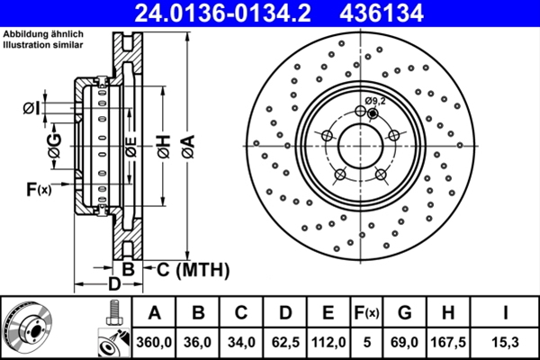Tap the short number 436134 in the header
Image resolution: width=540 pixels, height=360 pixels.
(x=399, y=13)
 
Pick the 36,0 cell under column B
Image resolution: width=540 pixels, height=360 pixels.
(x=199, y=342)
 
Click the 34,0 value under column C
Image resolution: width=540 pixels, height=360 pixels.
(x=242, y=342)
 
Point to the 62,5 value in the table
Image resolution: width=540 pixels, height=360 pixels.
(x=285, y=342)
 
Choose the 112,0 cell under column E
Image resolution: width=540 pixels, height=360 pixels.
(x=328, y=342)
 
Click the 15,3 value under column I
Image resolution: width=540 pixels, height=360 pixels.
(x=507, y=342)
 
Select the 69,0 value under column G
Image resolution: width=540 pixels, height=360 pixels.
(x=404, y=342)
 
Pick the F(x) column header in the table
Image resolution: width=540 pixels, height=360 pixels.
(x=366, y=313)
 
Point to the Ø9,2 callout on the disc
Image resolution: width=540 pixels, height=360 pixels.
(x=375, y=101)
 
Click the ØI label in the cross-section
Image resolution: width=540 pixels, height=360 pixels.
(x=31, y=109)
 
